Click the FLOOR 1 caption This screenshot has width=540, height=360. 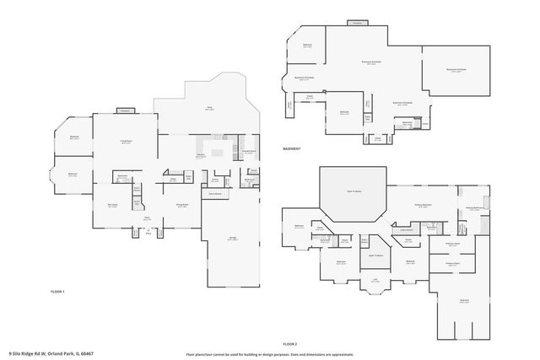click(x=58, y=290)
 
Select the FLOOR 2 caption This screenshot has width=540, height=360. click(x=290, y=344)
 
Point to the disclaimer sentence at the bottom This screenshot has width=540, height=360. click(x=269, y=354)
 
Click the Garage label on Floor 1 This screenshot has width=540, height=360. click(x=232, y=239)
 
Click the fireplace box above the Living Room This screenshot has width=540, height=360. click(x=125, y=110)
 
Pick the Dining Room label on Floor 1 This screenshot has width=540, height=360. click(x=181, y=205)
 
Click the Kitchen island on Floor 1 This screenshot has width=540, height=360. click(x=221, y=153)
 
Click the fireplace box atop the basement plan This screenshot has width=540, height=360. click(x=357, y=23)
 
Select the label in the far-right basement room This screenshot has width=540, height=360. click(x=456, y=69)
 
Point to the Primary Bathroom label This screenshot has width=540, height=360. click(x=473, y=207)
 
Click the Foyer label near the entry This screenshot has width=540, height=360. click(x=146, y=218)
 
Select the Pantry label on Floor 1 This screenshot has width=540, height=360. click(x=215, y=180)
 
